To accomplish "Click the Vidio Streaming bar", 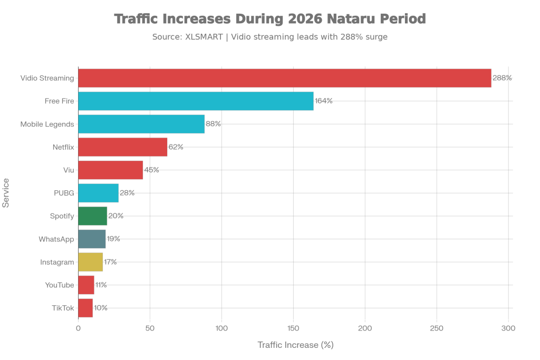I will (x=285, y=78).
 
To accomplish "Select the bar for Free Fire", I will (x=196, y=101).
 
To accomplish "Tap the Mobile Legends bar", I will (x=141, y=124).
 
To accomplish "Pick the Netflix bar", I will (x=123, y=147).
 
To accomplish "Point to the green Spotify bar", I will (x=93, y=216).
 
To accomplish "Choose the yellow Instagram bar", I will (x=91, y=262).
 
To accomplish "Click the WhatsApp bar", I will (x=92, y=239).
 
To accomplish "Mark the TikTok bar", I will (x=85, y=308).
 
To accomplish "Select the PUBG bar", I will (x=99, y=193).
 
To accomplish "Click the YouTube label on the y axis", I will (x=59, y=285).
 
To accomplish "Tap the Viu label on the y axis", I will (x=68, y=170).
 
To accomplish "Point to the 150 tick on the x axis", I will (x=293, y=328).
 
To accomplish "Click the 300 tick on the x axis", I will (x=508, y=328).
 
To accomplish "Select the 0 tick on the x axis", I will (x=79, y=328).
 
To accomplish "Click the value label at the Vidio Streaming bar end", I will (x=502, y=78).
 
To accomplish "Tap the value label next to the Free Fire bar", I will (x=323, y=101).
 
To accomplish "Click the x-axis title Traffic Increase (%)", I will (x=295, y=345).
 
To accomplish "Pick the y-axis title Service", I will (x=7, y=193).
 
